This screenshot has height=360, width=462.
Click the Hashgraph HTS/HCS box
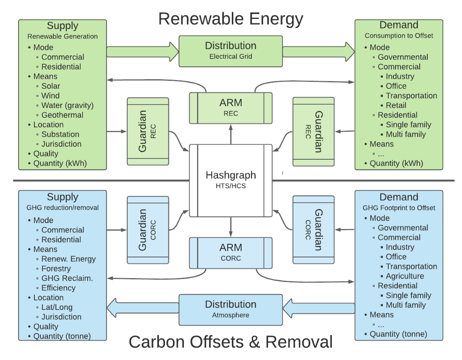pos(231,180)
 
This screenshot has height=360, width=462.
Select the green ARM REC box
pos(231,107)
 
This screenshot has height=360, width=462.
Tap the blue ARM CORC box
pos(231,253)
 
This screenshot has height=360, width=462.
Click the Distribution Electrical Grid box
pos(231,51)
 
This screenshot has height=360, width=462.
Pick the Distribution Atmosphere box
pos(231,309)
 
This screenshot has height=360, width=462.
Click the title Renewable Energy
pos(231,19)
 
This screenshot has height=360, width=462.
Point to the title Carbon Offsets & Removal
pos(231,342)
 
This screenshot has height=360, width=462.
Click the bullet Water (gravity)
pos(67,105)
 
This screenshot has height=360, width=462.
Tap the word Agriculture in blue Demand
pos(405,276)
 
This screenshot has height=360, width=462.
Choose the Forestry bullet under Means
pos(56,268)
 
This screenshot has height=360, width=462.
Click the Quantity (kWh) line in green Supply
pos(60,163)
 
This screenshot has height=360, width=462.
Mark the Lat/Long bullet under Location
pos(57,307)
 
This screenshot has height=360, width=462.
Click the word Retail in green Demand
pos(396,105)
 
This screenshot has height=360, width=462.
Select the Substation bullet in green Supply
pos(60,134)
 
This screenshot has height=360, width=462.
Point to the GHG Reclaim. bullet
pos(67,278)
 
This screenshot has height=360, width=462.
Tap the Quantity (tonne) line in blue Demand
pos(398,334)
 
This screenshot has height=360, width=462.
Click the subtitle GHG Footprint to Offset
pos(399,208)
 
